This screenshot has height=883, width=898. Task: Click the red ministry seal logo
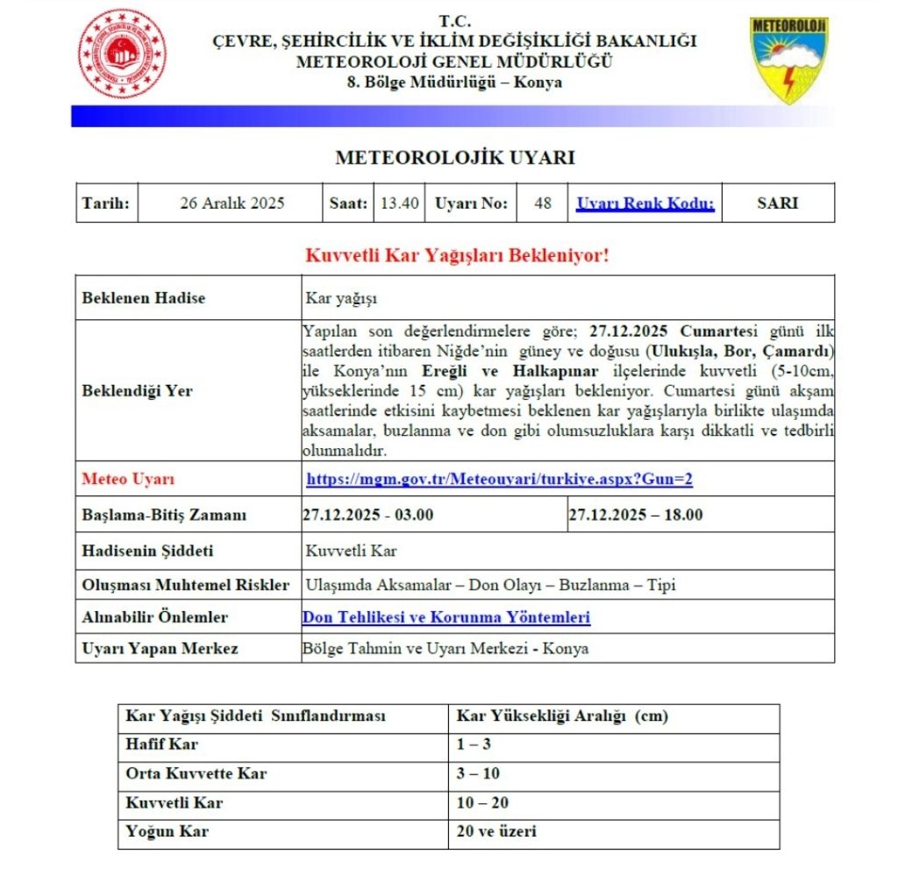coord(123,53)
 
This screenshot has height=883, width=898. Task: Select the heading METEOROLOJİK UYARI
coord(454,158)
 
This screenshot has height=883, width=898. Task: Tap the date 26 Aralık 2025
coord(232,203)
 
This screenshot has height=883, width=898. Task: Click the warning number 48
coord(543,203)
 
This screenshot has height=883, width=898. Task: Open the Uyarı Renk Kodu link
coord(645,203)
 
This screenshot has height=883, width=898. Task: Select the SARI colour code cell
coord(777,203)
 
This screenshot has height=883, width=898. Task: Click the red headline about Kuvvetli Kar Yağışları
coord(456,256)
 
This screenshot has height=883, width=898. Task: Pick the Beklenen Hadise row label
coord(144,298)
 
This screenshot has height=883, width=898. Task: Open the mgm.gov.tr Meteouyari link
coord(500,480)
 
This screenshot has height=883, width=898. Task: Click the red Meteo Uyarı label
coord(128,480)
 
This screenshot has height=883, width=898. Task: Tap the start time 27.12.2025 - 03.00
coord(368,515)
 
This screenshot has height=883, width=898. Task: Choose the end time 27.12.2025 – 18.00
coord(636,515)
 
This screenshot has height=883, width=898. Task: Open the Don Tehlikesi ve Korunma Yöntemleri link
coord(446,617)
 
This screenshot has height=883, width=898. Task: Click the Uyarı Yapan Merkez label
coord(160,649)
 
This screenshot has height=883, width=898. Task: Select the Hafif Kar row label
coord(163,745)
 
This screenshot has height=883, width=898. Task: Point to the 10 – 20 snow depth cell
coord(483,802)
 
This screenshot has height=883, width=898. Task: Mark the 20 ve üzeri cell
coord(496,831)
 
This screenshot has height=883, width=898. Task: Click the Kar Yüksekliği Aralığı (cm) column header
coord(563,716)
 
